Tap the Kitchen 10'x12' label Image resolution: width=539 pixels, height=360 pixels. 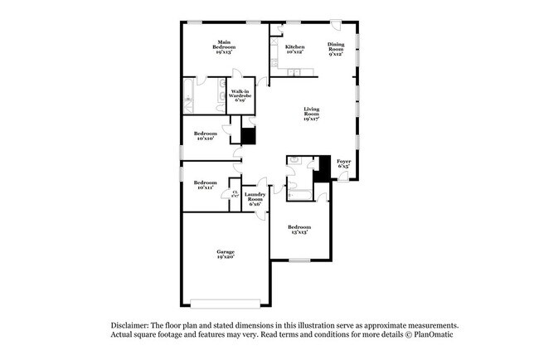point(294,50)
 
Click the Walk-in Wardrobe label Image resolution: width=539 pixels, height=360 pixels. point(241,95)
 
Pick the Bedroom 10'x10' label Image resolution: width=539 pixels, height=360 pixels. point(206,136)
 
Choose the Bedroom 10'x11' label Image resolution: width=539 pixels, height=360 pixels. point(206,185)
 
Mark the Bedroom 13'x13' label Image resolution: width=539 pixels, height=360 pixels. point(299,230)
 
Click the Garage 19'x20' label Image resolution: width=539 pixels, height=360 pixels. point(226,254)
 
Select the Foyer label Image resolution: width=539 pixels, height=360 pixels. point(343,163)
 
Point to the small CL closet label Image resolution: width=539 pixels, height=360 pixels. point(236,194)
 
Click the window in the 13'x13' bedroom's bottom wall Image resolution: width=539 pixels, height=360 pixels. point(299,260)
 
